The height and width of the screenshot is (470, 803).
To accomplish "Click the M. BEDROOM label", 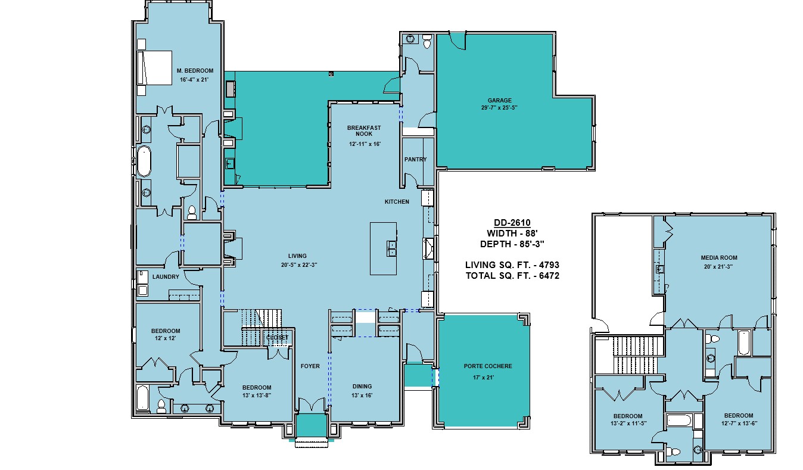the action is pyautogui.click(x=195, y=71).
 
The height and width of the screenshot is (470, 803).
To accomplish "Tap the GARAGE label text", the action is pyautogui.click(x=499, y=101).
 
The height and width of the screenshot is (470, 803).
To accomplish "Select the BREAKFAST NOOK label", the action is pyautogui.click(x=364, y=131).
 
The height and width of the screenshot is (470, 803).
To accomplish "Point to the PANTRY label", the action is pyautogui.click(x=415, y=159).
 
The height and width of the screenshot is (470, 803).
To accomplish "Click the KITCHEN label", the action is pyautogui.click(x=397, y=202).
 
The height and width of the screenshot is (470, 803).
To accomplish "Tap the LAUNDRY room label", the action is pyautogui.click(x=166, y=277).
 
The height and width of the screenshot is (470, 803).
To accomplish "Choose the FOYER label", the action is pyautogui.click(x=310, y=366).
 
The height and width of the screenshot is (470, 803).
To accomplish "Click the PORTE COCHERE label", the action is pyautogui.click(x=488, y=366).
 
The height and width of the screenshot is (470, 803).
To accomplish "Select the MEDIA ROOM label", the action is pyautogui.click(x=719, y=257).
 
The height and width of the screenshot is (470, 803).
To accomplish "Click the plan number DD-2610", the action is pyautogui.click(x=512, y=223).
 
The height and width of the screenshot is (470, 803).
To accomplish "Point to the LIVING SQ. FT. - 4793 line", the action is pyautogui.click(x=512, y=265).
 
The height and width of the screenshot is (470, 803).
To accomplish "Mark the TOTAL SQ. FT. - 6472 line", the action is pyautogui.click(x=513, y=276).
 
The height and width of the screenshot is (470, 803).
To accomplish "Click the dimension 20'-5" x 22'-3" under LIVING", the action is pyautogui.click(x=299, y=265).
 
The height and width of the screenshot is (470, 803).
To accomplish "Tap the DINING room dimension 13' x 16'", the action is pyautogui.click(x=362, y=396).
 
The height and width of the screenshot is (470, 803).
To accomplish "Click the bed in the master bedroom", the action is pyautogui.click(x=154, y=68).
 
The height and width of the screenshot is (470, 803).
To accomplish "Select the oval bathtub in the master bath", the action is pyautogui.click(x=144, y=161).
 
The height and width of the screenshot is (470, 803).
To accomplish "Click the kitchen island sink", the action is pyautogui.click(x=391, y=248).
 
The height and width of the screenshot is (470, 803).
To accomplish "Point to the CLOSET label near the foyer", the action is pyautogui.click(x=277, y=338).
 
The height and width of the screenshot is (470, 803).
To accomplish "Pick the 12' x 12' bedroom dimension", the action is pyautogui.click(x=165, y=338).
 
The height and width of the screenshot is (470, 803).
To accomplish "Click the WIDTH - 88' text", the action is pyautogui.click(x=512, y=234).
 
